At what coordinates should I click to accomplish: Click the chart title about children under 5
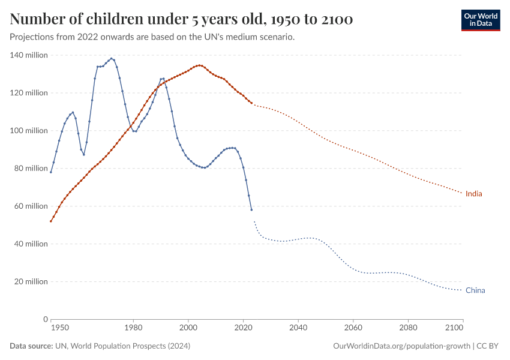tap(181, 20)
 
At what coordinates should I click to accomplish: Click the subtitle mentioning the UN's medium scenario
tap(152, 37)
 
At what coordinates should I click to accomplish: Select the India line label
tap(473, 194)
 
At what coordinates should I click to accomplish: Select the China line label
tap(475, 290)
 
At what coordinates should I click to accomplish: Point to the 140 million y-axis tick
tap(28, 55)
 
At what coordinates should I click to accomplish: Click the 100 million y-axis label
tap(28, 131)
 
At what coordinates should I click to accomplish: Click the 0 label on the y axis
tap(44, 319)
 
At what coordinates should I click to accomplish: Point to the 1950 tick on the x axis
tap(59, 328)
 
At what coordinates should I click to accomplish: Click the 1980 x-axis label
tap(133, 328)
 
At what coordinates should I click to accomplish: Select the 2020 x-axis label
tap(243, 328)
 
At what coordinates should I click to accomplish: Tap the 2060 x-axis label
tap(353, 328)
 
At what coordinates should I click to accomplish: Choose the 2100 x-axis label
tap(455, 328)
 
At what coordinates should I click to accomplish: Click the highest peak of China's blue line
tap(112, 59)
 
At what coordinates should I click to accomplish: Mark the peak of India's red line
tap(199, 65)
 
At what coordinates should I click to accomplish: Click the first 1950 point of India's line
tap(51, 221)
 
